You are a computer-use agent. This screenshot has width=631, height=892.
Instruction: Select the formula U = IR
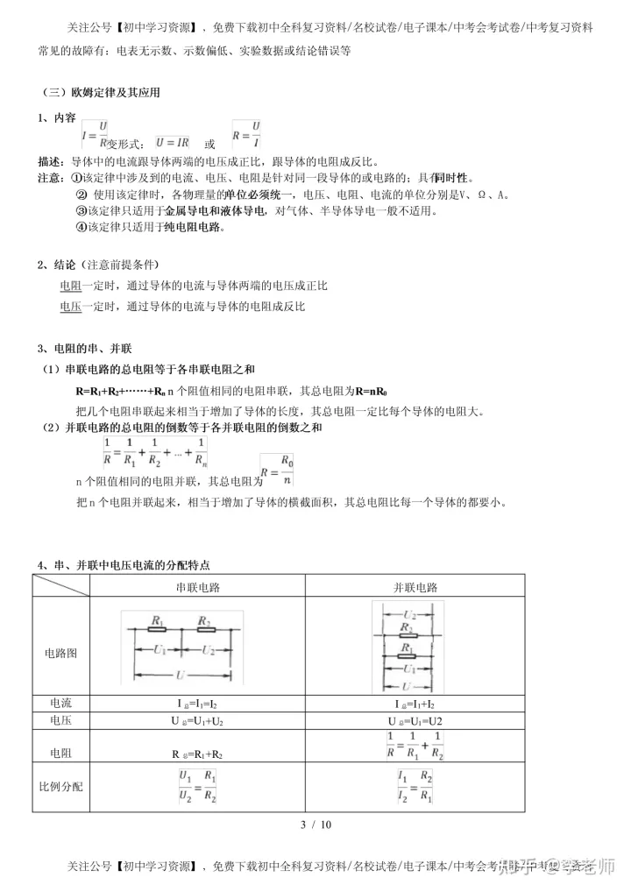[x=172, y=141]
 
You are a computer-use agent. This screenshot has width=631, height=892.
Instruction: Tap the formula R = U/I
[x=247, y=135]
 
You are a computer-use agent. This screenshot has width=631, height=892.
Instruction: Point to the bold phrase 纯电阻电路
[x=194, y=227]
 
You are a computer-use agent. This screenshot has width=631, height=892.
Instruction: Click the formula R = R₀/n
[x=278, y=469]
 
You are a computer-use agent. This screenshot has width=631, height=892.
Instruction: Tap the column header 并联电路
[x=415, y=587]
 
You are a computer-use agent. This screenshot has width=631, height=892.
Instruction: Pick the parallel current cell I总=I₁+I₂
[x=415, y=704]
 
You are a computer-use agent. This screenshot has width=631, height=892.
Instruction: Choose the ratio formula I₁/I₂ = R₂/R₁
[x=415, y=786]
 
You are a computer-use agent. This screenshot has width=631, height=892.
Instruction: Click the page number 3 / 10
[x=315, y=824]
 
